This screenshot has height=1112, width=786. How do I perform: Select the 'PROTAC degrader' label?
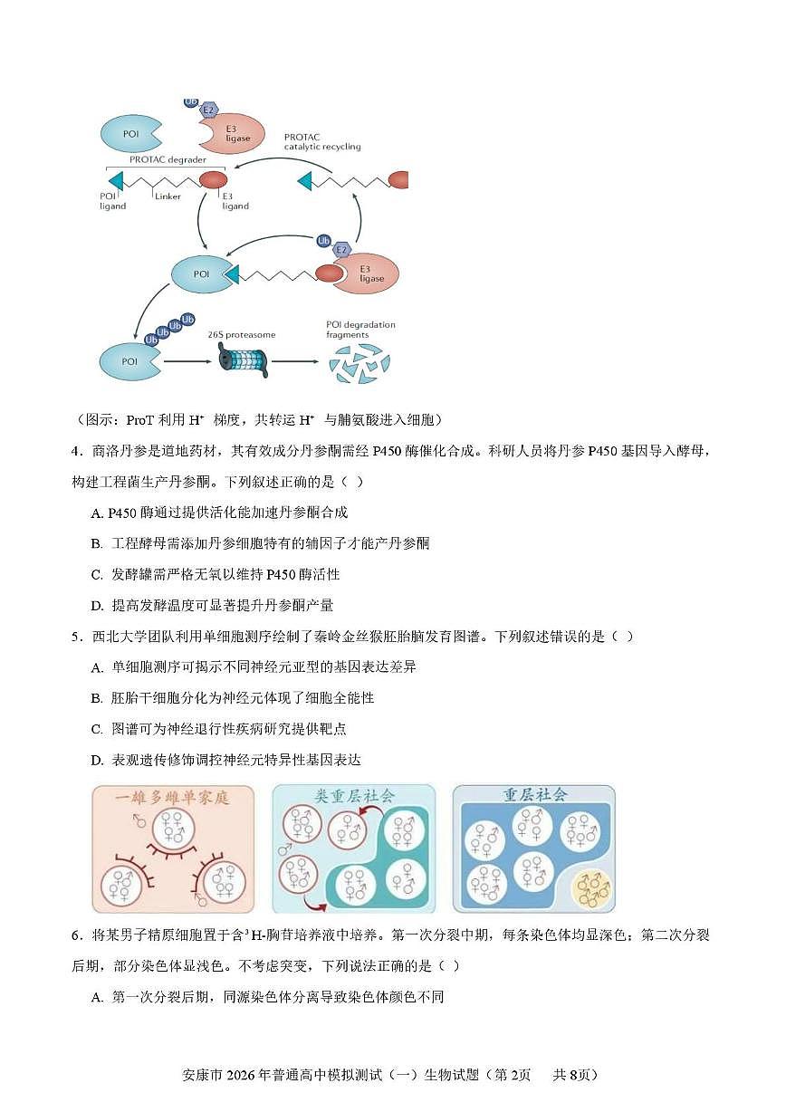[167, 159]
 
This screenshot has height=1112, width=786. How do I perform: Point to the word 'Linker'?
[168, 196]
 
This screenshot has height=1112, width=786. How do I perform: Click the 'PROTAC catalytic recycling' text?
[321, 141]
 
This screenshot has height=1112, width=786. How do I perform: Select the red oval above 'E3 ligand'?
[213, 179]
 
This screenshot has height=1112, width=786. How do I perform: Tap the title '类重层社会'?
[354, 796]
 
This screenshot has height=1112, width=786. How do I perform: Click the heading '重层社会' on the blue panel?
[534, 795]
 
